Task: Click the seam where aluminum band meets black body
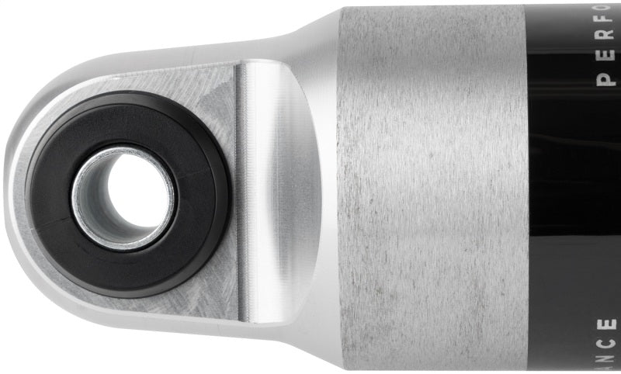[x=527, y=186]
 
